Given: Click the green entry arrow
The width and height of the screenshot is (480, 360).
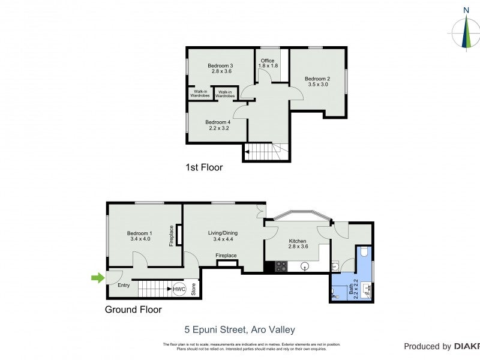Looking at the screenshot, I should [97, 277].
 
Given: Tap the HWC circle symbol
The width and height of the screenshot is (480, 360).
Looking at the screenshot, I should [179, 289].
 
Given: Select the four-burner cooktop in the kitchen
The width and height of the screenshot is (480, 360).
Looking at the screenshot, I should [281, 266].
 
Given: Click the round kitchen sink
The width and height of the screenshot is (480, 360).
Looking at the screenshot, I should [305, 266].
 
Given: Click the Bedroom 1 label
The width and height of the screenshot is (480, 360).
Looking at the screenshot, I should [139, 236].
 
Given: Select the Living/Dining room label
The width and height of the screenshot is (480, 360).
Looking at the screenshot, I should [223, 236].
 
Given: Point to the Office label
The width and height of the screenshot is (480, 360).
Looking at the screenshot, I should [268, 63].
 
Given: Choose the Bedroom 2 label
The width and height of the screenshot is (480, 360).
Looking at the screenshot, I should [317, 82].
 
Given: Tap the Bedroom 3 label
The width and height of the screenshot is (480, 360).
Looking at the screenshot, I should [220, 68].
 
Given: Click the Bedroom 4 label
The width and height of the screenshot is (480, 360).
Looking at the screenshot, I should [219, 125].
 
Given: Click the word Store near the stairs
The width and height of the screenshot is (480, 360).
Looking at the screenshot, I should [193, 289].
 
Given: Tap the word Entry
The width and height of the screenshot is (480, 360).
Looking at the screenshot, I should [124, 285].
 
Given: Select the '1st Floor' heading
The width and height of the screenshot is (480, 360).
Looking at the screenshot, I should [204, 167].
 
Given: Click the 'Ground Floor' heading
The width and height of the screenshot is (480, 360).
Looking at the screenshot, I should [133, 310].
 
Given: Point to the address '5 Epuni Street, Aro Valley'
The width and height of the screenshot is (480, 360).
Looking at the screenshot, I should [239, 329].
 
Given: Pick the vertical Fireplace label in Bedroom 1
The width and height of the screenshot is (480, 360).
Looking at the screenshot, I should [172, 235].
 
